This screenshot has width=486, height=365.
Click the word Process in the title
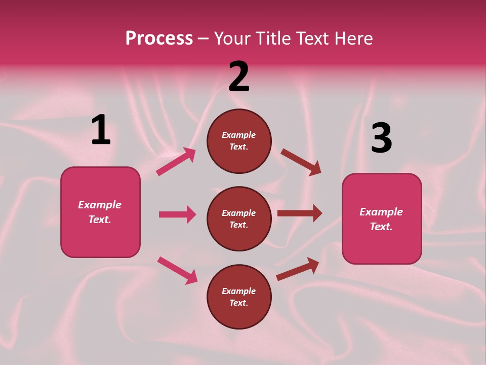click(x=159, y=39)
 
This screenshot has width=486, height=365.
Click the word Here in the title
click(x=353, y=39)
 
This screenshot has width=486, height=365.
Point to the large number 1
click(x=101, y=130)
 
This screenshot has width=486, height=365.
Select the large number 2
click(x=239, y=76)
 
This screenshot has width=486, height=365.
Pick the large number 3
click(x=381, y=138)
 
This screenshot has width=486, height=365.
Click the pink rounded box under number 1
click(x=100, y=212)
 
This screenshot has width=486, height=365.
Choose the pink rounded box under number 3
click(x=382, y=218)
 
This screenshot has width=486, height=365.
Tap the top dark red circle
click(x=239, y=141)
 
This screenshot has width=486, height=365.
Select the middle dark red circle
click(x=239, y=218)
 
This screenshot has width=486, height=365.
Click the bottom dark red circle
click(x=239, y=297)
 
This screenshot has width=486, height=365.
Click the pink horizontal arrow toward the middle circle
click(x=177, y=214)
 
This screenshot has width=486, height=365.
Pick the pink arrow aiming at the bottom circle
click(x=177, y=270)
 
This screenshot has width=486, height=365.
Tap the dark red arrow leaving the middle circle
click(x=300, y=213)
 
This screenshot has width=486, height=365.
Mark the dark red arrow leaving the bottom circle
click(x=298, y=269)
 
